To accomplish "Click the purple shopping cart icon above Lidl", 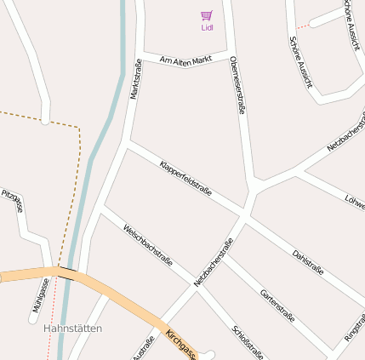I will pyautogui.click(x=207, y=15).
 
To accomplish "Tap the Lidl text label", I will pyautogui.click(x=207, y=27).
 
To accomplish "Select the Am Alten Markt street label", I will pyautogui.click(x=185, y=60).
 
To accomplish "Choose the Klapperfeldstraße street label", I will pyautogui.click(x=185, y=178).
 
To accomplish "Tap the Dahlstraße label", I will pyautogui.click(x=307, y=262).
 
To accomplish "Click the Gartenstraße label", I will pyautogui.click(x=277, y=305).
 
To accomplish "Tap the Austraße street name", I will pyautogui.click(x=144, y=349).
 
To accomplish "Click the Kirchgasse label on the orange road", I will pyautogui.click(x=181, y=344).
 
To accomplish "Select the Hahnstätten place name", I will pyautogui.click(x=72, y=329).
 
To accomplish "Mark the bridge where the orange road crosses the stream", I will pyautogui.click(x=66, y=273).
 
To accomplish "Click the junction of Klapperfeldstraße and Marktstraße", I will pyautogui.click(x=128, y=145).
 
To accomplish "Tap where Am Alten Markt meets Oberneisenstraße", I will pyautogui.click(x=230, y=54).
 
